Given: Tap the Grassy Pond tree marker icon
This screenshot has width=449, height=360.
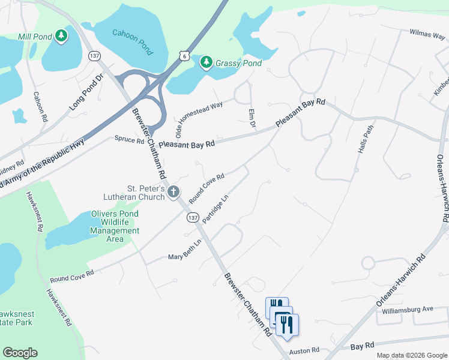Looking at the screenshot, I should tap(206, 62).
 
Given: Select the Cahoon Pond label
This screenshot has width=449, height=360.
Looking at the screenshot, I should tap(133, 37).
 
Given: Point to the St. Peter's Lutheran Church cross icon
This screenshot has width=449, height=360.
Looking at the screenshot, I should tap(173, 192).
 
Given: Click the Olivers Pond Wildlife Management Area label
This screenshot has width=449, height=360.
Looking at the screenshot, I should tap(114, 226).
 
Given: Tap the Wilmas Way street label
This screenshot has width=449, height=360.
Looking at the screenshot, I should tap(427, 34).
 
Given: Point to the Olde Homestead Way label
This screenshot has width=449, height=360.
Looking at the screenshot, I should tap(198, 117).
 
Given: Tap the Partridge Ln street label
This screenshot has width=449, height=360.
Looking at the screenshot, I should tap(216, 208).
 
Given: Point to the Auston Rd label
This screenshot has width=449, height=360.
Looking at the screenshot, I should tap(303, 352).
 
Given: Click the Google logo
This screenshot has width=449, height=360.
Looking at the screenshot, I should tap(20, 353).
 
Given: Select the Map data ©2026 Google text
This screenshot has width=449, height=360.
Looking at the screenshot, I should tap(412, 355).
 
